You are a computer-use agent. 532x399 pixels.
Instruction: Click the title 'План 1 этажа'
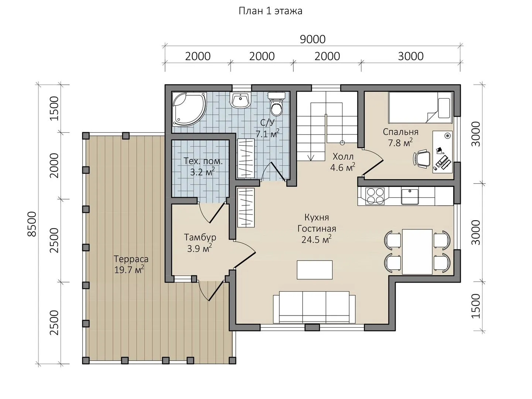[x=270, y=11]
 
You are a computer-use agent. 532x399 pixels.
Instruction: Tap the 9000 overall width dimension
[x=313, y=40]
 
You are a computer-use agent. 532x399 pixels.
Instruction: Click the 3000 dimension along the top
[x=410, y=57]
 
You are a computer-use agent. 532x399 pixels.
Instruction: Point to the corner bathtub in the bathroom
[x=189, y=109]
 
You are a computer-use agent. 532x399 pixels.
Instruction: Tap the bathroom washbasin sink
[x=241, y=100]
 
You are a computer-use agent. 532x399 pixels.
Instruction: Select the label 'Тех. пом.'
[x=203, y=161]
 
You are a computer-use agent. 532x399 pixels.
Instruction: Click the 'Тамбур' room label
[x=200, y=237]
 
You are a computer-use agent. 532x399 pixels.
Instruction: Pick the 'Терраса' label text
[x=131, y=259]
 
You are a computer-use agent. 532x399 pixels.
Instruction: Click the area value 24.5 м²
[x=317, y=239]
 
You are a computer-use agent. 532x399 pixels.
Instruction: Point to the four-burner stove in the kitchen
[x=375, y=196]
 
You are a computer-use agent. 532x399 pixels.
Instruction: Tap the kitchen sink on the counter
[x=410, y=197]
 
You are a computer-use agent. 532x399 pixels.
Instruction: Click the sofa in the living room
[x=314, y=307]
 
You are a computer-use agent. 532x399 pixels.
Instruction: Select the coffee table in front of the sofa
[x=315, y=270]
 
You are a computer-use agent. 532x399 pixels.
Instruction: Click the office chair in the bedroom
[x=422, y=159]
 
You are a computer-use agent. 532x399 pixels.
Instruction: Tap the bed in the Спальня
[x=421, y=108]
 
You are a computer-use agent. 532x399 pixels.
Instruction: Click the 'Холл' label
[x=343, y=157]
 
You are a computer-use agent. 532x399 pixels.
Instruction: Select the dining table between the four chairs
[x=417, y=252]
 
